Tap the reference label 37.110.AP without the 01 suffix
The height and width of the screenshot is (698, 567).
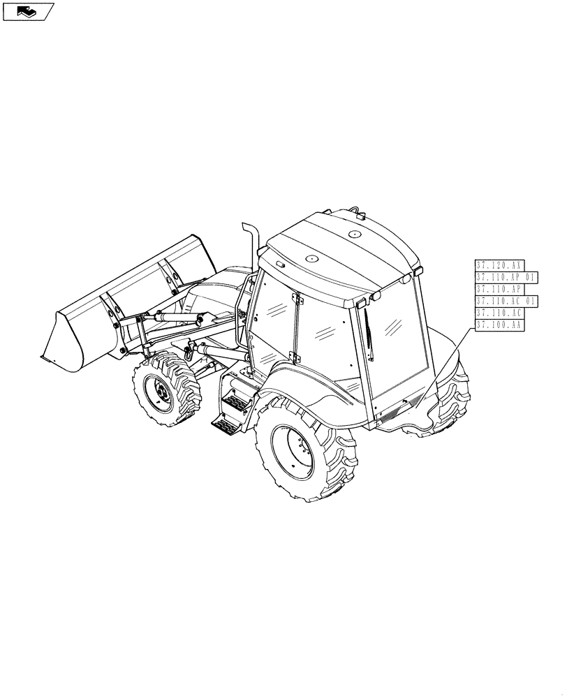click(499, 289)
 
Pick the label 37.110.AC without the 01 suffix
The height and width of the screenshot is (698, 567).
click(499, 313)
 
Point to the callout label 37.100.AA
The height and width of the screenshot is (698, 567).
click(499, 325)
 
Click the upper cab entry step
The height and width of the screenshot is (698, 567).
click(235, 402)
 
